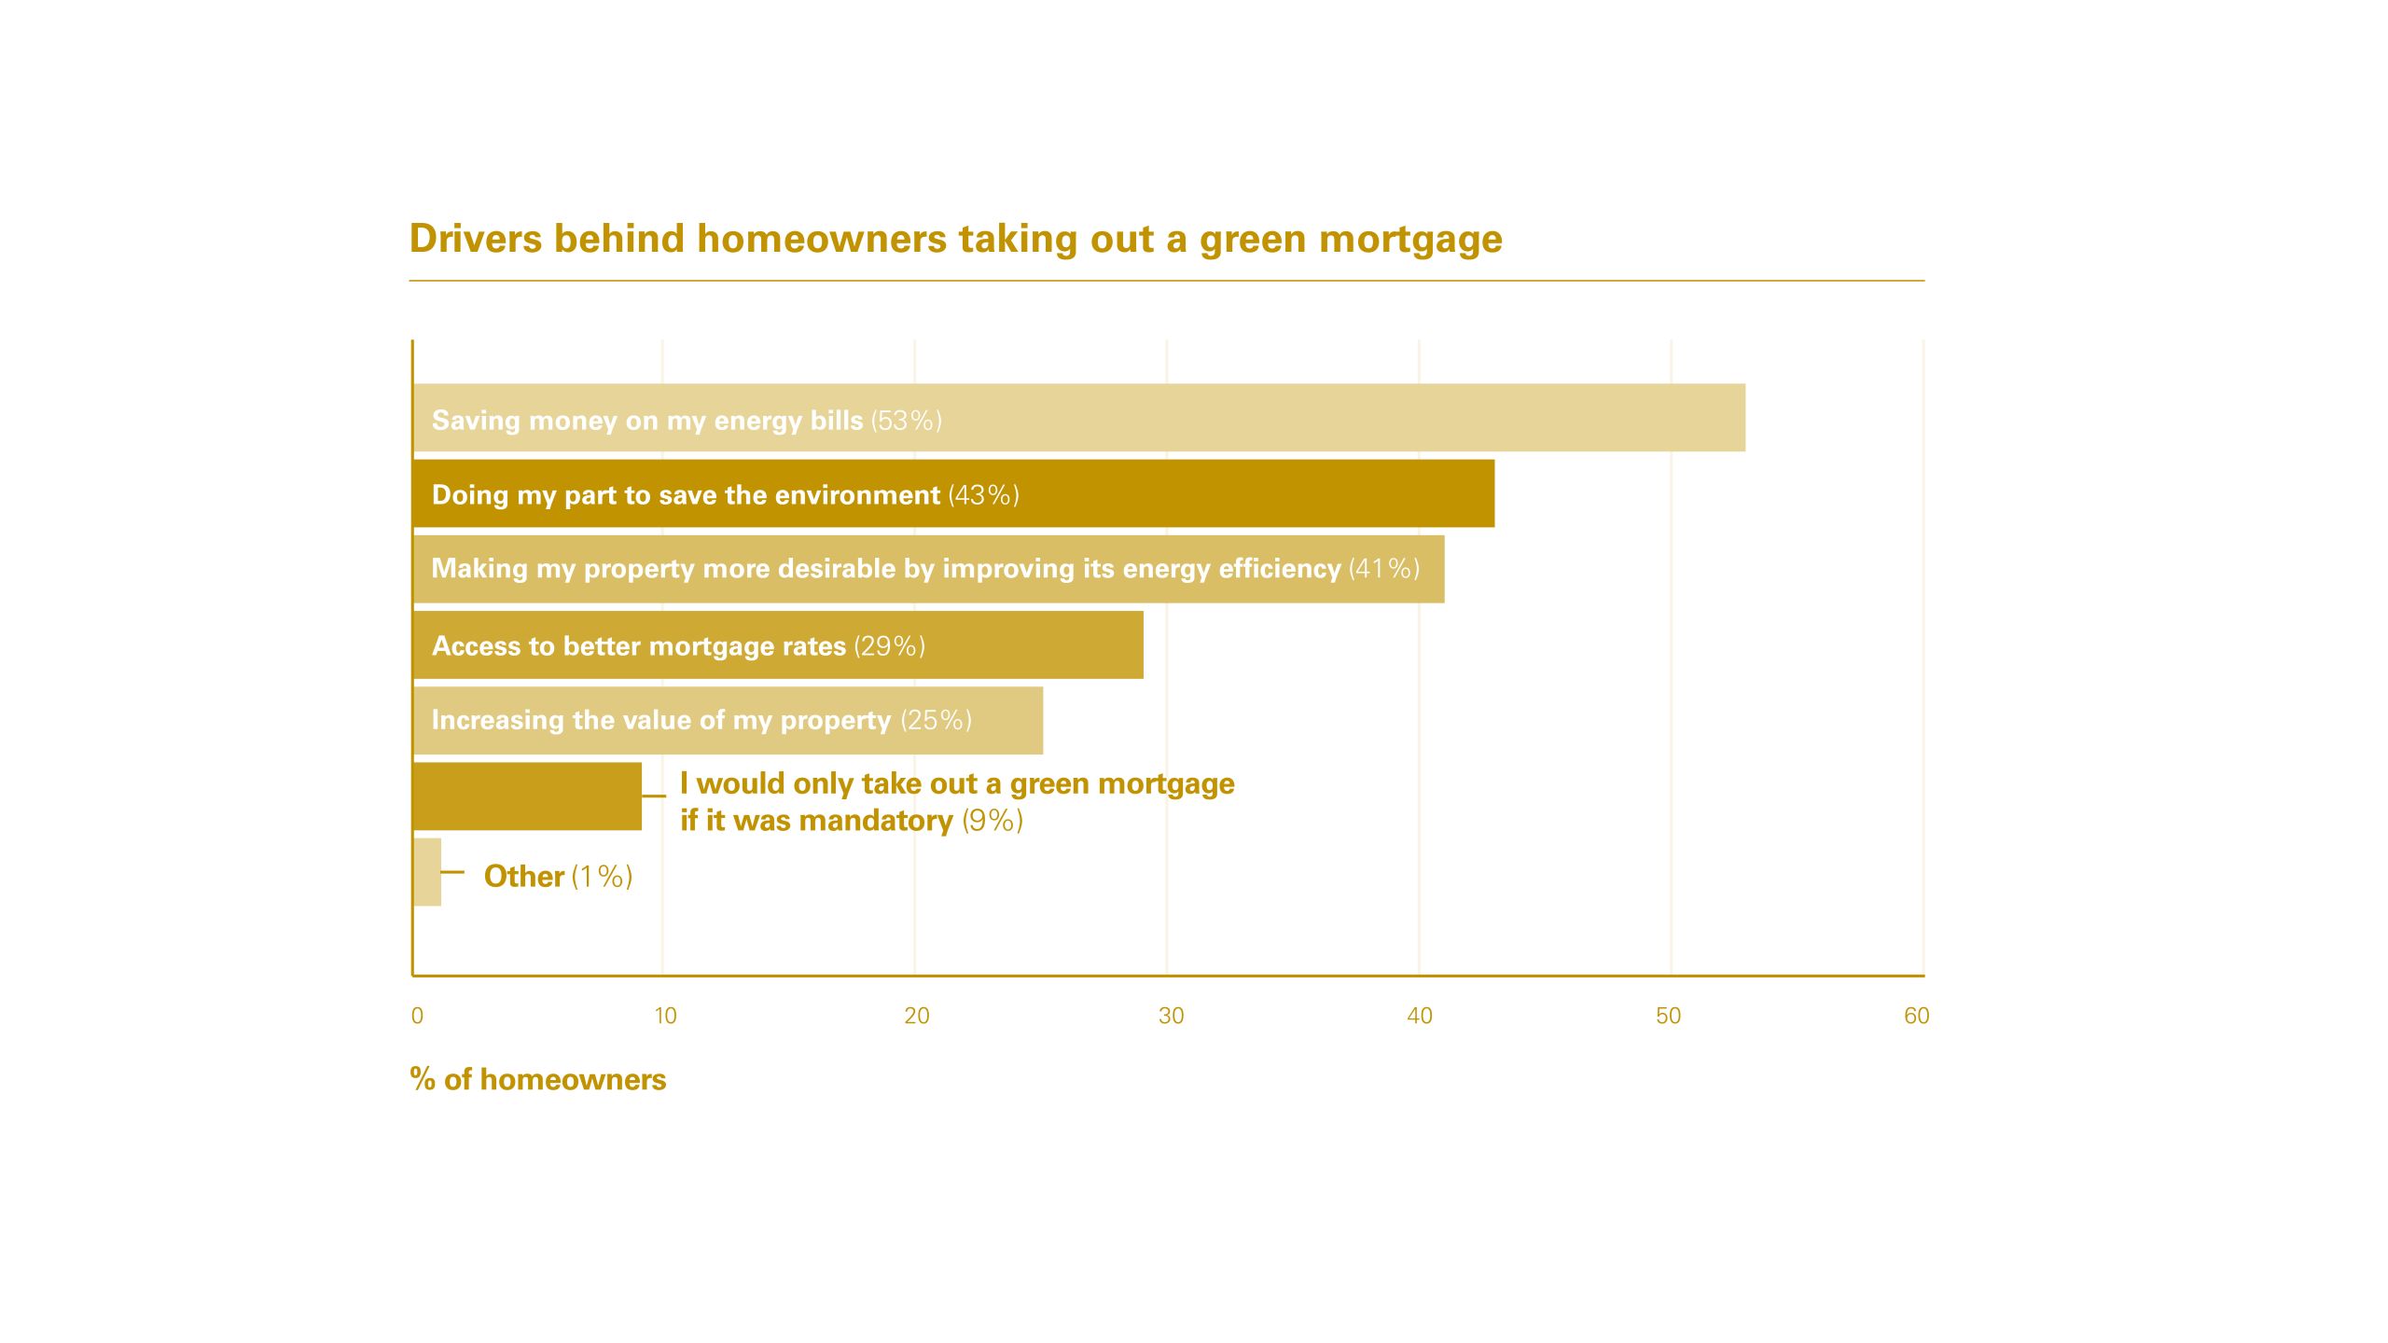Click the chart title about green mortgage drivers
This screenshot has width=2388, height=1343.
pos(956,239)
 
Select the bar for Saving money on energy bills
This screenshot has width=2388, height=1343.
pos(1079,418)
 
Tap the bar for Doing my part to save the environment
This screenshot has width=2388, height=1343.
pos(954,493)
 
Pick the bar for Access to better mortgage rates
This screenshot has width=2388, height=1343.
pos(779,644)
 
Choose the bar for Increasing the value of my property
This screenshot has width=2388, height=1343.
pos(729,720)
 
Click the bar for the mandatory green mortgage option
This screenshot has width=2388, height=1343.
pos(528,796)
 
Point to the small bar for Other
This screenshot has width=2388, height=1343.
pos(427,871)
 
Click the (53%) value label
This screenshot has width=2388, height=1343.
pos(907,421)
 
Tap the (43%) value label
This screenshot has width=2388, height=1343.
pos(984,495)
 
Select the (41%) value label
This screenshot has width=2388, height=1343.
pos(1384,569)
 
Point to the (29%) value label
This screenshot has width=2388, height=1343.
pos(890,645)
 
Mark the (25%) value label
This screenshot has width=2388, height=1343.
pos(937,720)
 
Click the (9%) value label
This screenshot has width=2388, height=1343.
pos(993,821)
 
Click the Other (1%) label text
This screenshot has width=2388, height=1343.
pos(559,877)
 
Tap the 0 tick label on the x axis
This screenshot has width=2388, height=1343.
pos(417,1016)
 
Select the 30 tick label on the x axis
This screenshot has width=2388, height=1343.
pos(1171,1016)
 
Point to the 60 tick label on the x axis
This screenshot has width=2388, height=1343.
pos(1916,1016)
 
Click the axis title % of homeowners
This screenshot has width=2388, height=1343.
pos(538,1079)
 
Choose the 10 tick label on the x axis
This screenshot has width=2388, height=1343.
pos(665,1016)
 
